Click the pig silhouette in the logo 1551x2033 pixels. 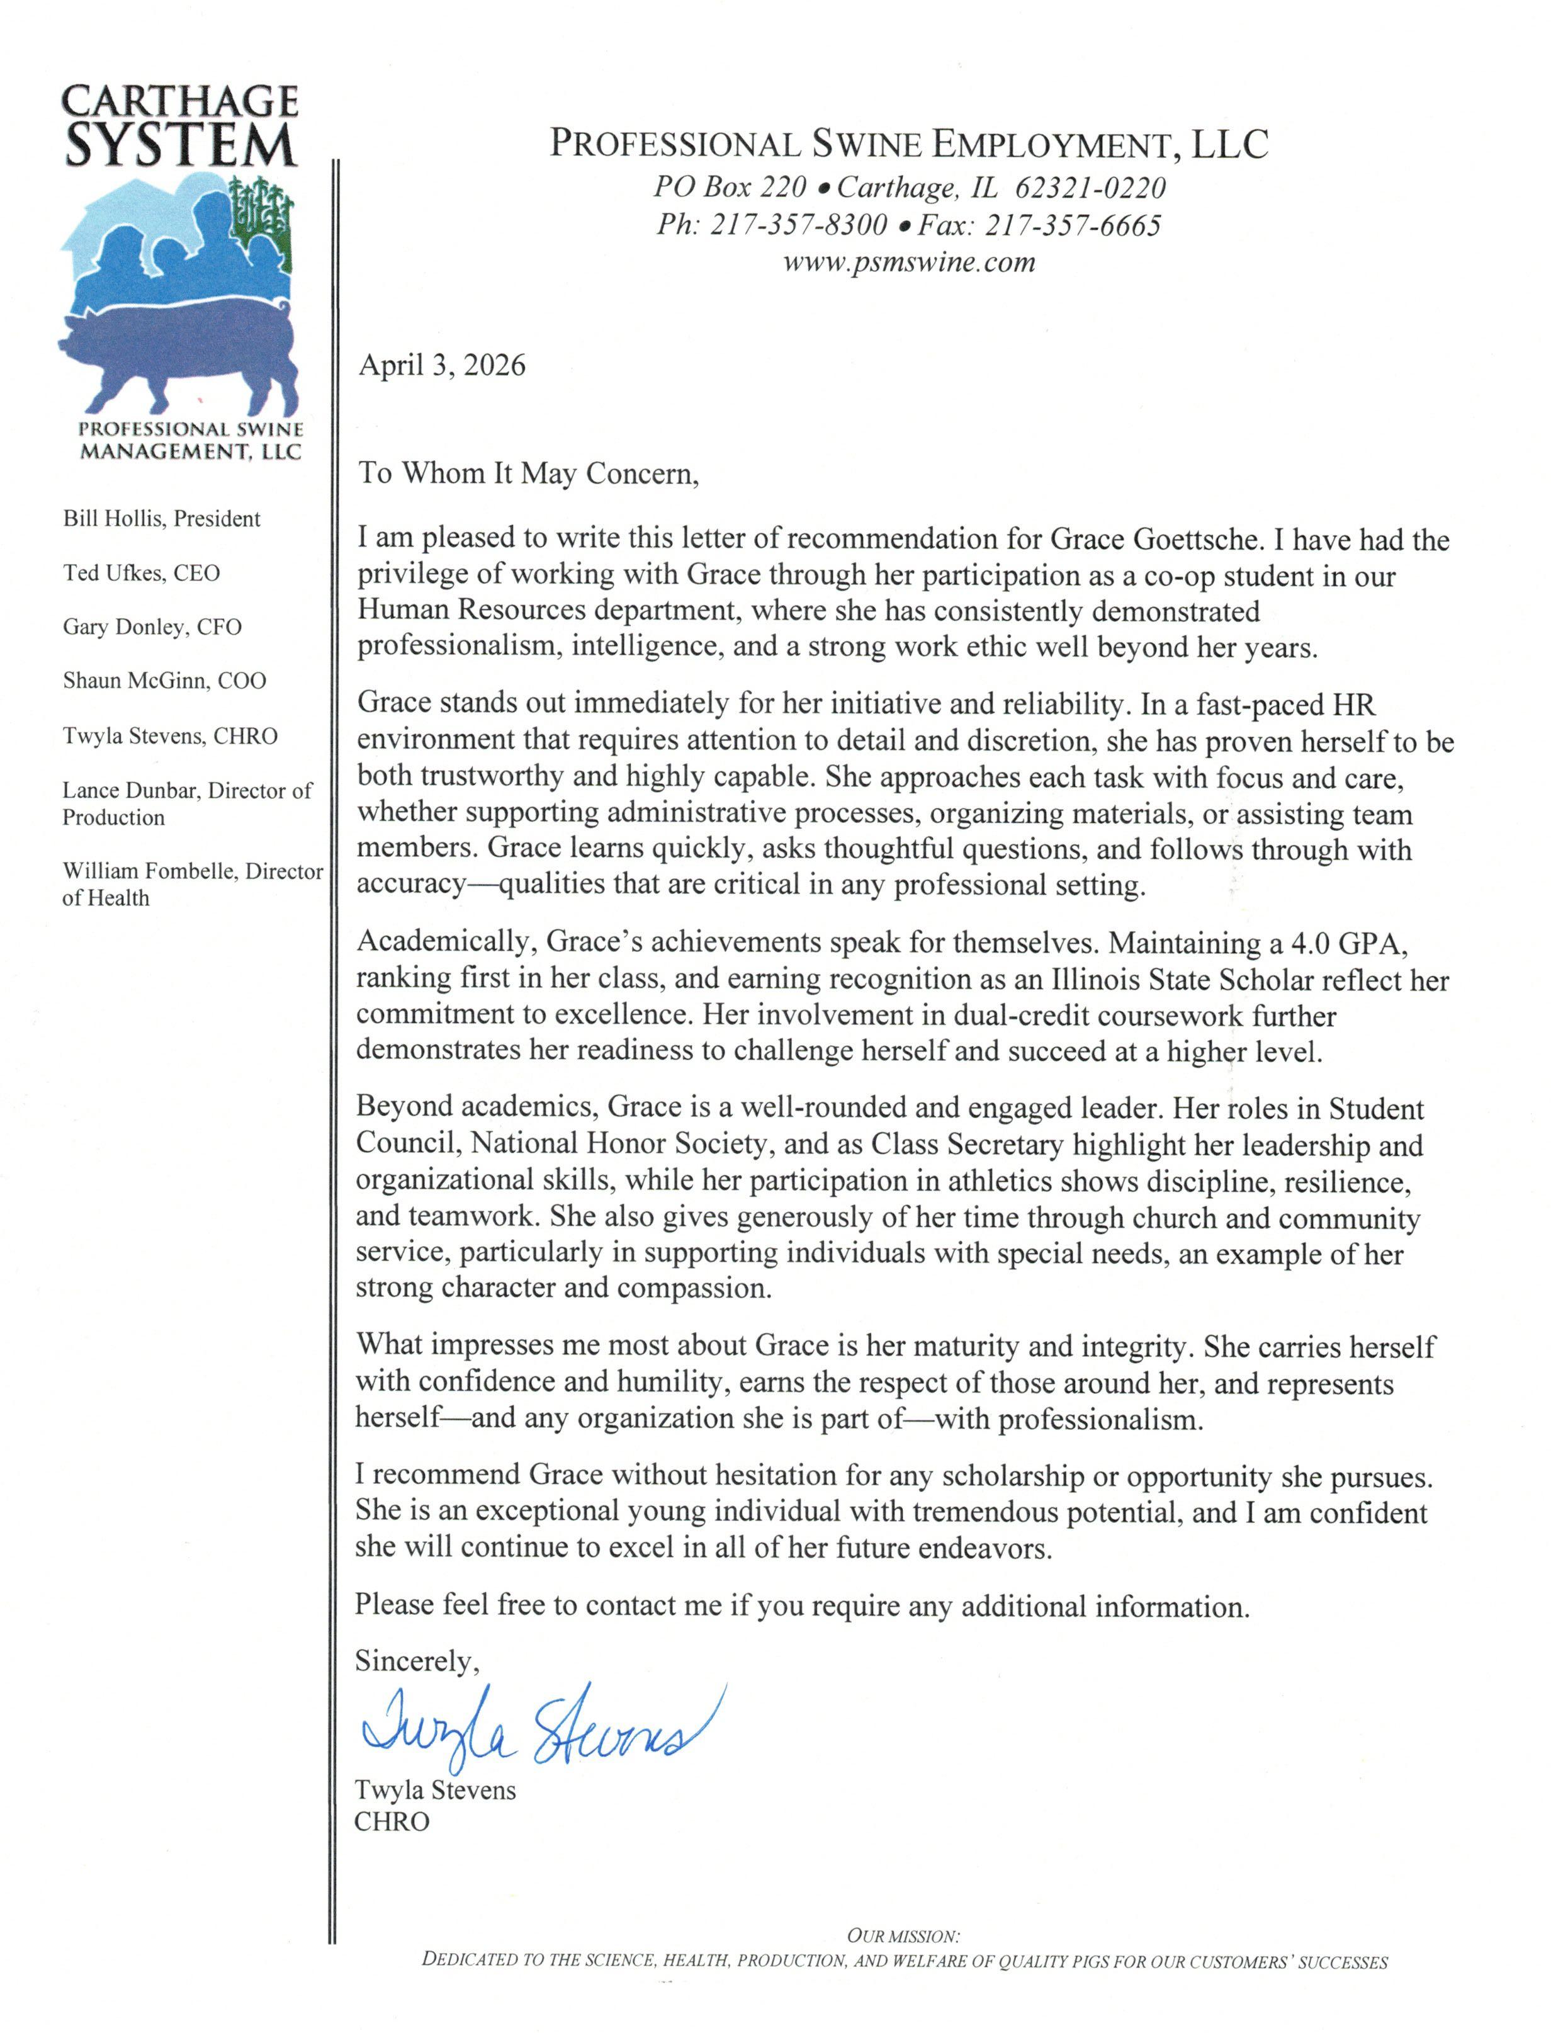click(x=176, y=356)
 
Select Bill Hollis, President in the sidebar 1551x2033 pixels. click(x=162, y=519)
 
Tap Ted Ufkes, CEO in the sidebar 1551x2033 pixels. click(x=141, y=574)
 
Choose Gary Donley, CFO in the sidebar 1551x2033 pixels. click(x=152, y=627)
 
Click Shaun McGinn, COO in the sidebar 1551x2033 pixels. click(x=164, y=681)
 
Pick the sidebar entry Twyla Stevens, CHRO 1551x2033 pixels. click(x=170, y=736)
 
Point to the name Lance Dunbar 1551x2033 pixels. click(x=129, y=790)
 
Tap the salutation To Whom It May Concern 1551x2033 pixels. click(x=528, y=473)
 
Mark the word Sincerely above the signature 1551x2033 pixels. click(x=415, y=1661)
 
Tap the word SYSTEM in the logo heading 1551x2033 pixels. click(x=181, y=146)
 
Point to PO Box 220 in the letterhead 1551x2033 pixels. click(x=730, y=188)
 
